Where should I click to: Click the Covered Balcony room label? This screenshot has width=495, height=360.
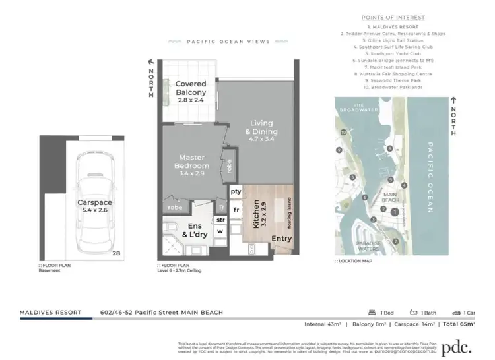coord(191,88)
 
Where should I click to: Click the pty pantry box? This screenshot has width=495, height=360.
coord(236,191)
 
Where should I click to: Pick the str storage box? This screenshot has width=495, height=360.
coord(220,219)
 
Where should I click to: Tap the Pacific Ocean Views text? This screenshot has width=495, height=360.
coord(218,42)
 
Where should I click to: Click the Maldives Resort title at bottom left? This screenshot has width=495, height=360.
coord(50,311)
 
